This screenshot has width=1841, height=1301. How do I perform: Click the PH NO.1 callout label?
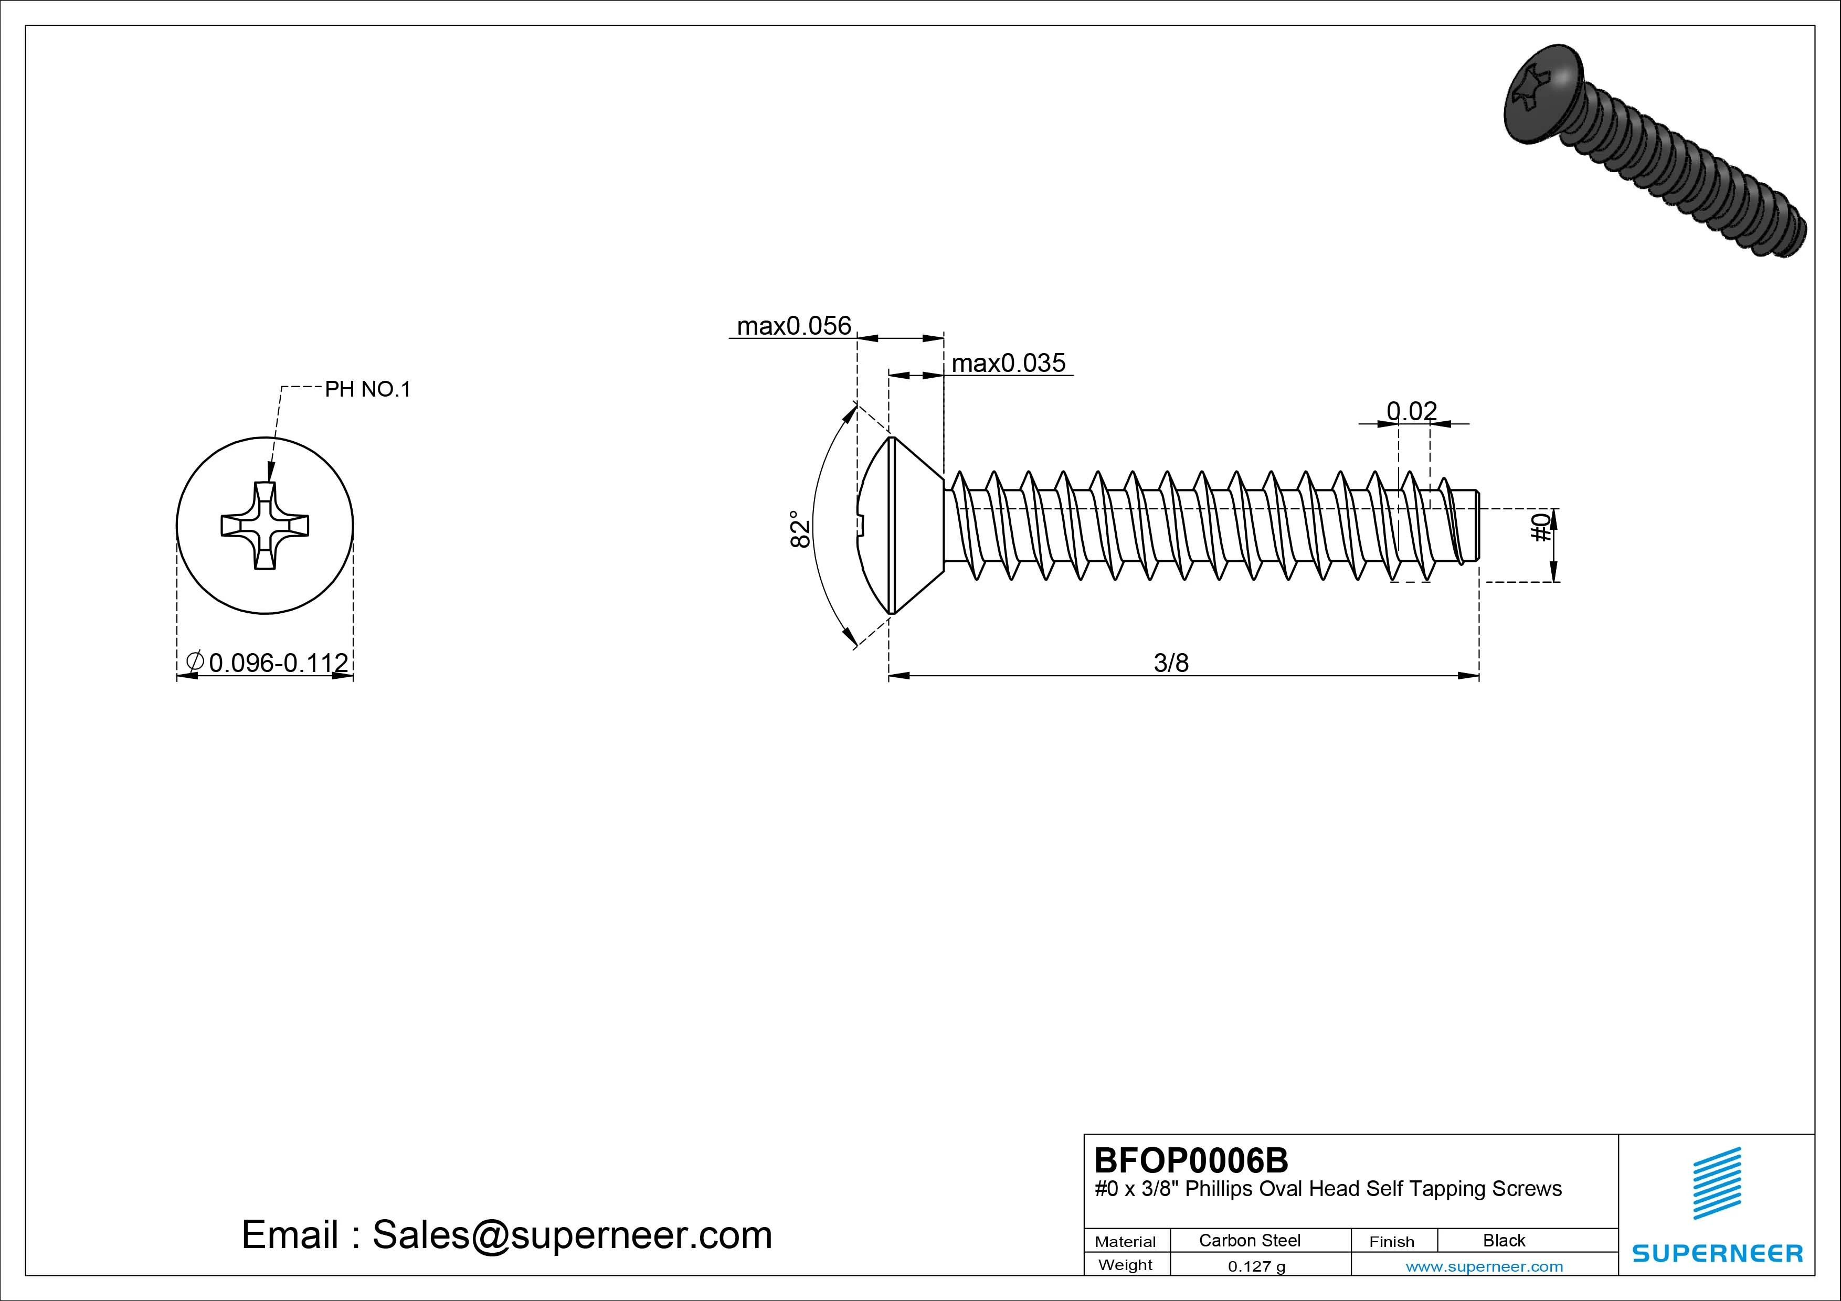point(367,390)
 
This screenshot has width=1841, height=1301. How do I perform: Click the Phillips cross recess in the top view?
point(264,526)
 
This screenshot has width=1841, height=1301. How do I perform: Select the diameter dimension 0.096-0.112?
point(278,663)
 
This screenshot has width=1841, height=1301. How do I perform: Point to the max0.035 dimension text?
point(1008,363)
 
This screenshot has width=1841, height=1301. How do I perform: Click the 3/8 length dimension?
point(1171,663)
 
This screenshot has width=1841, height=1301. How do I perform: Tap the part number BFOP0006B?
point(1191,1160)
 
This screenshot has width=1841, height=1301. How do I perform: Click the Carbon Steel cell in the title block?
point(1249,1240)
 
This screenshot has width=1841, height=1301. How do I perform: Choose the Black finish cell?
point(1504,1240)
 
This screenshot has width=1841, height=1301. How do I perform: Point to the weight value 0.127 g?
point(1256,1266)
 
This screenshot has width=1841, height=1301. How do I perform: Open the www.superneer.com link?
point(1484,1266)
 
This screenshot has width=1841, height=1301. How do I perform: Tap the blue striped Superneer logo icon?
point(1716,1183)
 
